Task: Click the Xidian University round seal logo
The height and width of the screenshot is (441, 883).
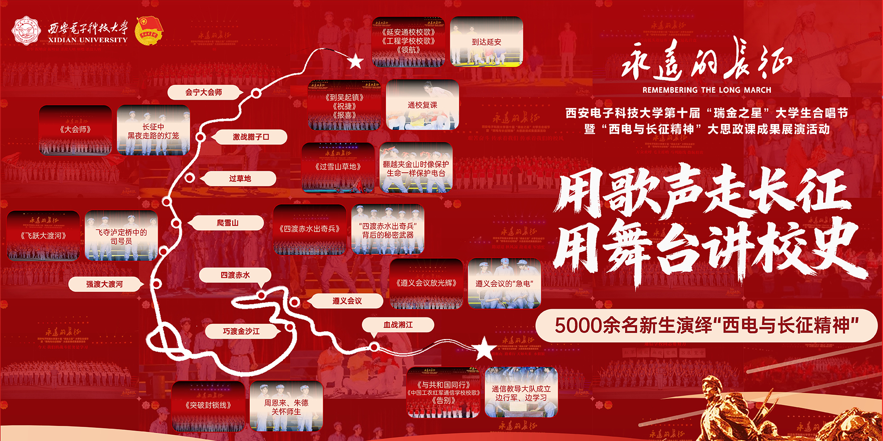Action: [26, 30]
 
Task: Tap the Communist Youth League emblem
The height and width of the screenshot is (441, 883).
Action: [148, 31]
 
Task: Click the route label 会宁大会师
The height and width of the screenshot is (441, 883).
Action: [204, 92]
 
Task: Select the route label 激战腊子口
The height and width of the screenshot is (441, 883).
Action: [251, 137]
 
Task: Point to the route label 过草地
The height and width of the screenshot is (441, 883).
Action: [240, 179]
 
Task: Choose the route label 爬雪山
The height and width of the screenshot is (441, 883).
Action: [228, 223]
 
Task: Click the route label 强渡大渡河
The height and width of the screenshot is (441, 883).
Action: [104, 284]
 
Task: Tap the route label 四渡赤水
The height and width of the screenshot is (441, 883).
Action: [235, 275]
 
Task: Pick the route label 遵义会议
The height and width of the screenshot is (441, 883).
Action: [347, 301]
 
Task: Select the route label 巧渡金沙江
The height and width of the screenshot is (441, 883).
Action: [241, 331]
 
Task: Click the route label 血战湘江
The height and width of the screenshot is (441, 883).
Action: [398, 325]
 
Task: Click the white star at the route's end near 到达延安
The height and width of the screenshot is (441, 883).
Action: [355, 61]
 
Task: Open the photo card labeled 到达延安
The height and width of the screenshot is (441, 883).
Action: [487, 42]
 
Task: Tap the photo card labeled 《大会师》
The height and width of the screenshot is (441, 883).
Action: [75, 130]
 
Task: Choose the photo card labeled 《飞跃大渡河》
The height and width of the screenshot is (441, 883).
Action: [43, 236]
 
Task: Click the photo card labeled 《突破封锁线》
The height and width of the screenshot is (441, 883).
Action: [208, 406]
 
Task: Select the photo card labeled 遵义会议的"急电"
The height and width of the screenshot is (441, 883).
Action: [504, 283]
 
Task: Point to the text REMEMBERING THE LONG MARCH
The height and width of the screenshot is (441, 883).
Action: [706, 90]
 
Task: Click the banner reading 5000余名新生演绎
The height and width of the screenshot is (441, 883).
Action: [706, 325]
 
